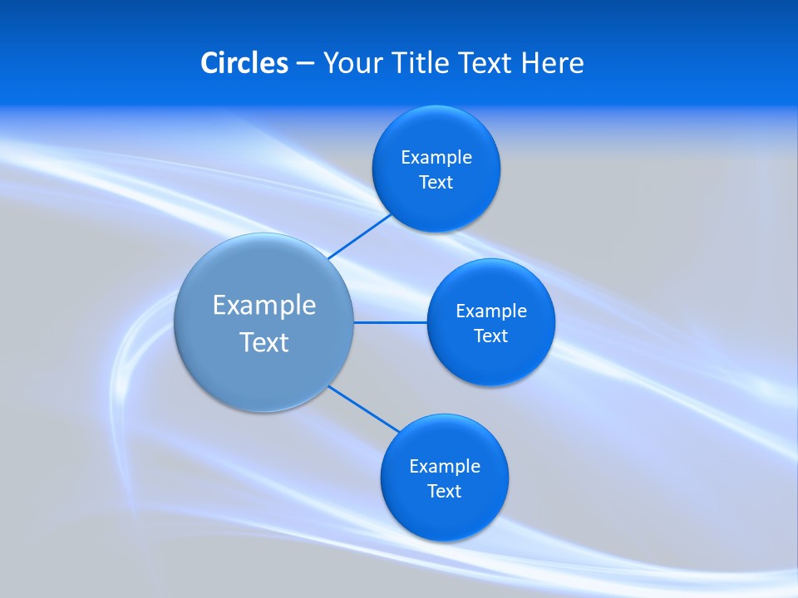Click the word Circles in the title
244,63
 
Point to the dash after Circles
305,64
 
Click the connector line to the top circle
360,237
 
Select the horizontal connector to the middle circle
391,322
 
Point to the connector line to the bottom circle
364,409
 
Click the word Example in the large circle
264,306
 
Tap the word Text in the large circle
264,342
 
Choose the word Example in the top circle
436,158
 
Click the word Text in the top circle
436,183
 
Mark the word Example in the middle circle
491,311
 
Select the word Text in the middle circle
490,336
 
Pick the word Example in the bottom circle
445,467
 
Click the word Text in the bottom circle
444,492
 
